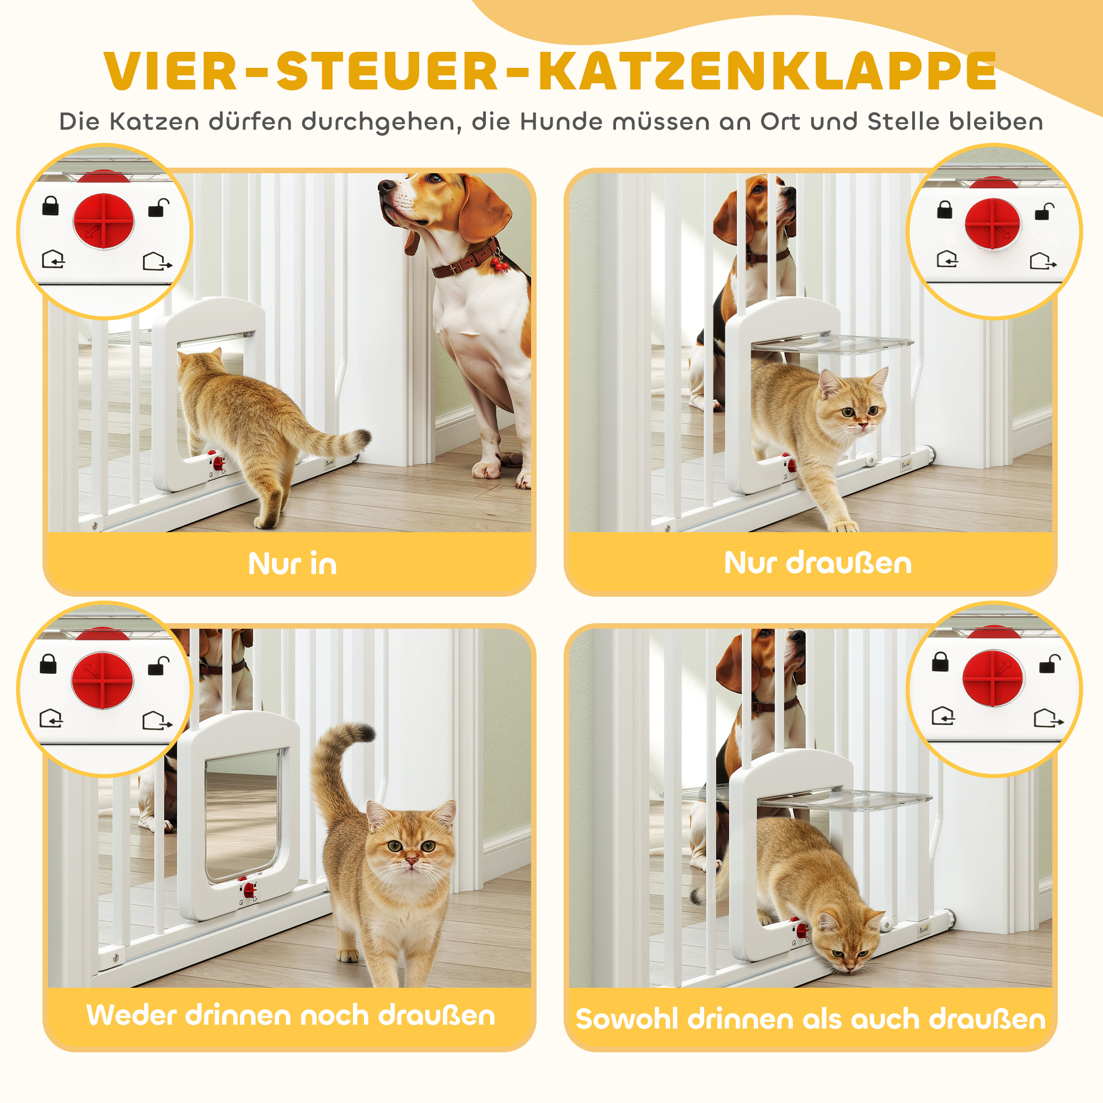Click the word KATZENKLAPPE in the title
click(767, 71)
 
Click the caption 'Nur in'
click(292, 564)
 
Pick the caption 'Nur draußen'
click(817, 563)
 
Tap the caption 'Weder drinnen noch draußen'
click(291, 1015)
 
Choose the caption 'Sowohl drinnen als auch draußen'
click(811, 1019)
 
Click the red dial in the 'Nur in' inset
click(104, 222)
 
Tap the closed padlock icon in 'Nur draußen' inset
click(945, 210)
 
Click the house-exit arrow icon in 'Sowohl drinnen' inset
click(1048, 718)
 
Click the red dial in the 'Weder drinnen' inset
click(103, 681)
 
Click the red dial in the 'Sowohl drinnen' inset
click(993, 678)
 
